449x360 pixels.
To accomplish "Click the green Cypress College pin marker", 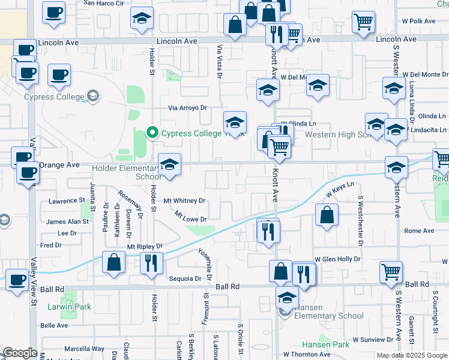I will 152,133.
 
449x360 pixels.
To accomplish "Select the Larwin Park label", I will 70,307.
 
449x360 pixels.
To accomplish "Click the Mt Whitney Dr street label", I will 185,201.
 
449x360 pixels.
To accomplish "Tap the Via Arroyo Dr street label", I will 187,108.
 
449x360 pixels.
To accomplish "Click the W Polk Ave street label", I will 419,20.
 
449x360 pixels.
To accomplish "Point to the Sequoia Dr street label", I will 184,278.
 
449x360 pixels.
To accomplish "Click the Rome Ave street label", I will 419,230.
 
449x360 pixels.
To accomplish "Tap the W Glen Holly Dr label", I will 337,259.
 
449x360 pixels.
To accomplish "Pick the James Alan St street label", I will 67,221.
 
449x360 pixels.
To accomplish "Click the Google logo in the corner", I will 20,353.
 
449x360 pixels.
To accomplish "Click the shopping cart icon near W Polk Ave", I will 364,22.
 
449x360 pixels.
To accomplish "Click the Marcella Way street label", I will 84,349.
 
